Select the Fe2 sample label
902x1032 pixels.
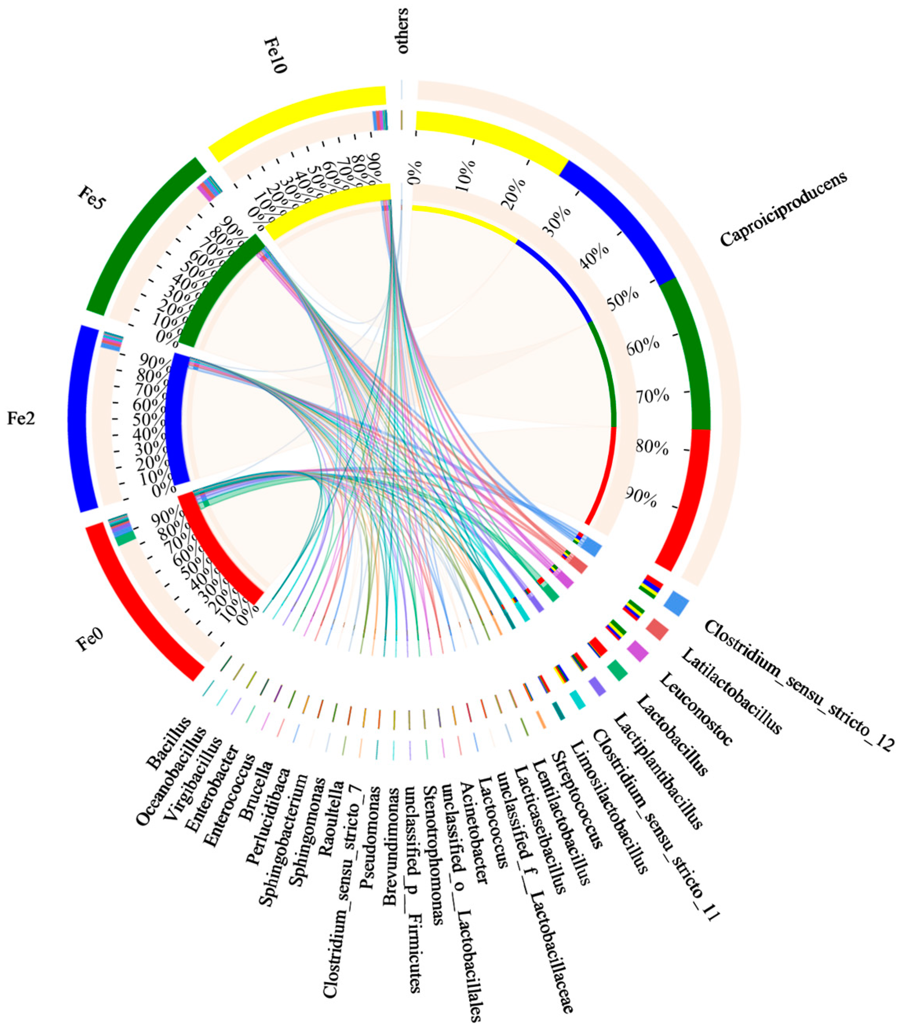21,419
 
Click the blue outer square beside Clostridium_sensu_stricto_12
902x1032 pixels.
676,602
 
